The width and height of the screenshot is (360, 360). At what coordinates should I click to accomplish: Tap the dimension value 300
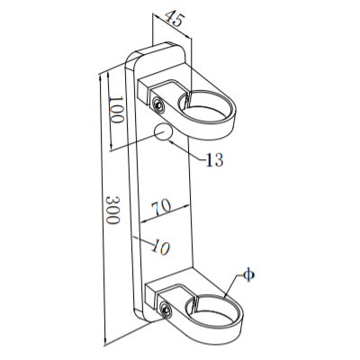pos(112,209)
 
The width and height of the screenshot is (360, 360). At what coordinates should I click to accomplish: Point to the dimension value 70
pos(161,207)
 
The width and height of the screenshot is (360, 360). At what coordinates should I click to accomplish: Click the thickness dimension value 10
pos(161,243)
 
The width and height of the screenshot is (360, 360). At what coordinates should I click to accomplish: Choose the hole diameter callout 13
pos(213,161)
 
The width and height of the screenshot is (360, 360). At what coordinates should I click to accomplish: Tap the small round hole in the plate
pos(164,134)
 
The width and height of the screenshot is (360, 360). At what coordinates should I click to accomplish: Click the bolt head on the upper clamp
pos(159,103)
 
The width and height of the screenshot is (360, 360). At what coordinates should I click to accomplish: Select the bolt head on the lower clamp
pos(166,311)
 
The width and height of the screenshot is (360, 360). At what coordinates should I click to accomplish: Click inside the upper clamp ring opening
pos(210,102)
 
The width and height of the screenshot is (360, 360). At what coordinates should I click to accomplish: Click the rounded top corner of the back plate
pos(135,56)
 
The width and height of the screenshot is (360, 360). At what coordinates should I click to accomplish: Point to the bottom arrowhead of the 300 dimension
pos(104,341)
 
